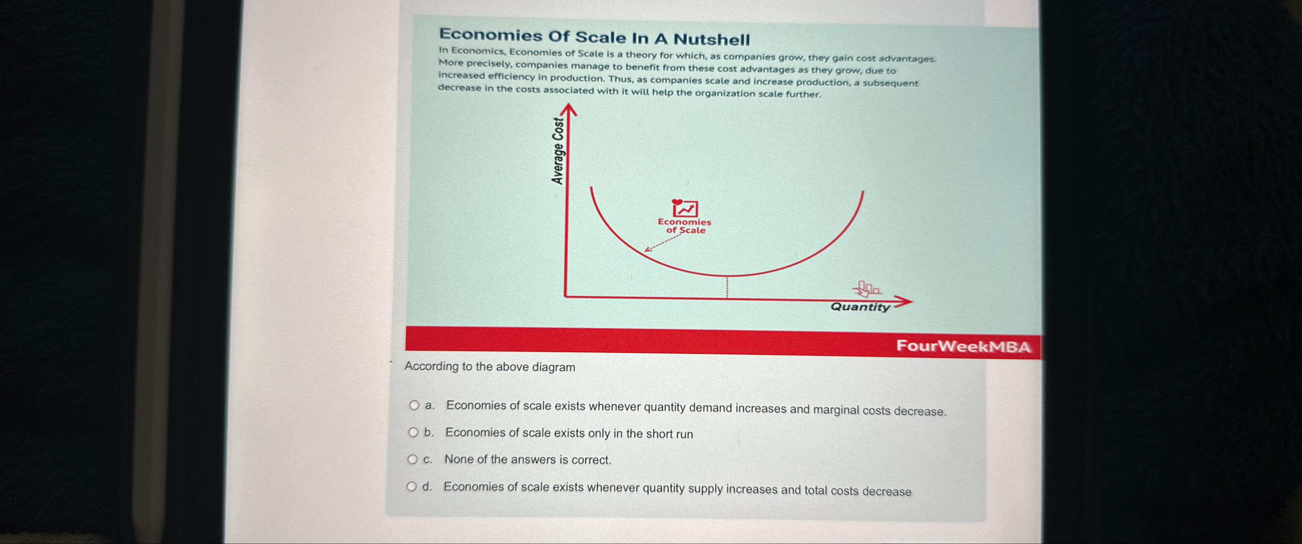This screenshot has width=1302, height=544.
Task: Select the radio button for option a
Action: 414,405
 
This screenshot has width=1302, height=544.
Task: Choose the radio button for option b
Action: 413,432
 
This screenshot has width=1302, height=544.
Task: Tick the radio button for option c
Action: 412,459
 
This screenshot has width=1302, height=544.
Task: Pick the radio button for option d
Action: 412,487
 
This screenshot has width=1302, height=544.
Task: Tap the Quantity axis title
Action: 860,307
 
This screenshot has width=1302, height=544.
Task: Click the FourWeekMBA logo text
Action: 963,346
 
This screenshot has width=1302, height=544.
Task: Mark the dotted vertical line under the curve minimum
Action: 727,287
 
